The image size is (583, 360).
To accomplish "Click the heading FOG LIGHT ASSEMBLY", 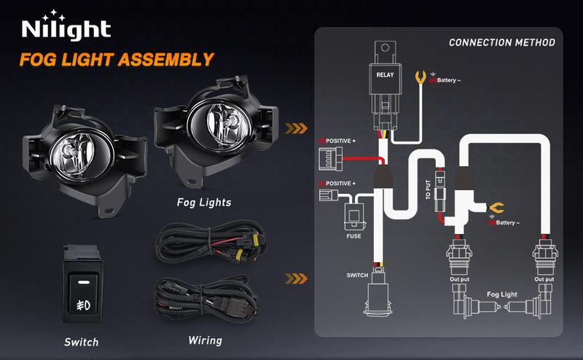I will click(x=117, y=59).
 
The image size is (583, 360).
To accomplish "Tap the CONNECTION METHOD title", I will click(x=501, y=42).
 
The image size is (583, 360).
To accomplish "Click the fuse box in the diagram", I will click(x=353, y=214).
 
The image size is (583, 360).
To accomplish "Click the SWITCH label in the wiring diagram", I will click(x=358, y=275).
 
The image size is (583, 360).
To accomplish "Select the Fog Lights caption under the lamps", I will click(x=204, y=202).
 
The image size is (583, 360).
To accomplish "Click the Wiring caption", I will click(x=205, y=340).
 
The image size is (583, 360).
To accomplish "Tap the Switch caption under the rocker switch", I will click(x=81, y=341).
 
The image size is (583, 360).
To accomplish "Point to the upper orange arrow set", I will click(x=294, y=130).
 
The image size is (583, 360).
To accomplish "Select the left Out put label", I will click(x=458, y=278).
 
